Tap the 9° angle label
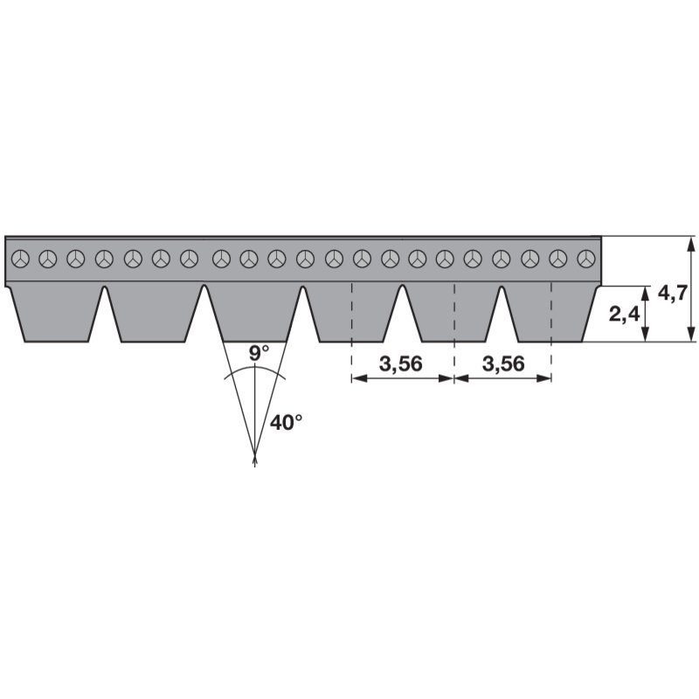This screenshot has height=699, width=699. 259,354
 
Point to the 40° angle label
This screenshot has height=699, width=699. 286,422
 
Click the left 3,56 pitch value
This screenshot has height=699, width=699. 402,364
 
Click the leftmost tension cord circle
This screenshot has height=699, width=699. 21,258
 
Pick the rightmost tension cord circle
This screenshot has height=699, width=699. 588,258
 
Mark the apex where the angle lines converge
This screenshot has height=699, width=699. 254,458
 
